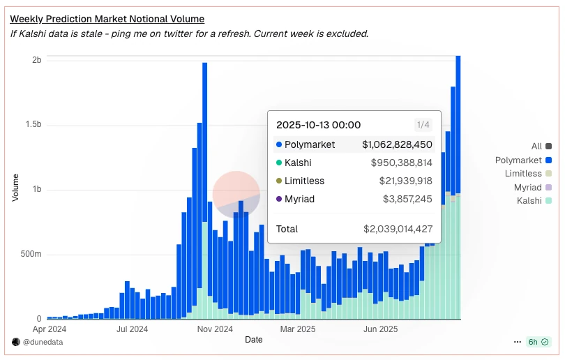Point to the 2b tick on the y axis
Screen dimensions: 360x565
point(37,61)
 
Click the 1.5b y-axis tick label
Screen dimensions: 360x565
point(33,126)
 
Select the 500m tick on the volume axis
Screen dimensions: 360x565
point(31,255)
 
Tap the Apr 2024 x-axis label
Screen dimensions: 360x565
point(50,328)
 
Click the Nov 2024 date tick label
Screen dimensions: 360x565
point(215,328)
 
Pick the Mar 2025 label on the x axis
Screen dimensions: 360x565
point(298,328)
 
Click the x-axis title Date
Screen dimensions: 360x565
point(254,340)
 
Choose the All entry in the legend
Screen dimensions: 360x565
point(536,147)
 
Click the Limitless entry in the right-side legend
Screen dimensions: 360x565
point(523,174)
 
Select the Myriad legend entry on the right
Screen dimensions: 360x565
point(528,187)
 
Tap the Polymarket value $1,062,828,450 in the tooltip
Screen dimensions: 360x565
point(397,145)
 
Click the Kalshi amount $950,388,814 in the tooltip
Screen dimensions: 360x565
point(401,163)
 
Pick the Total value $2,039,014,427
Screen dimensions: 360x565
point(398,229)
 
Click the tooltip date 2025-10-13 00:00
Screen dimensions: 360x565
point(319,125)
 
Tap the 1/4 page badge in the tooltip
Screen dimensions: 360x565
point(423,125)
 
